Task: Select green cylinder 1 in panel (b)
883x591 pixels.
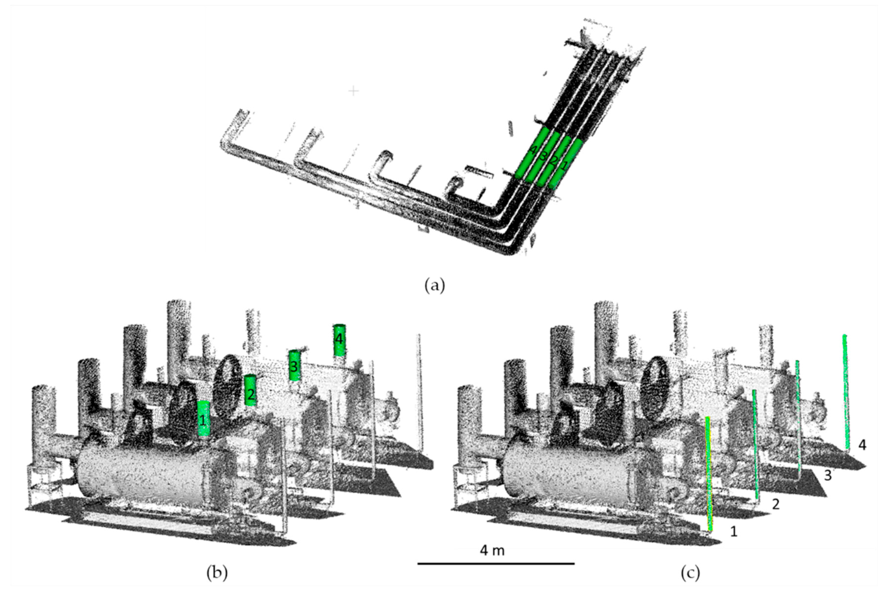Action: click(204, 419)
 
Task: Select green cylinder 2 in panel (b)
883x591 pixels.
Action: click(250, 390)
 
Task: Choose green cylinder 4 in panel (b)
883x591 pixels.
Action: click(339, 340)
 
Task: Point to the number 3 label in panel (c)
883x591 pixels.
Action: click(828, 476)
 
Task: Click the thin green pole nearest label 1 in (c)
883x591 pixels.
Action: click(708, 475)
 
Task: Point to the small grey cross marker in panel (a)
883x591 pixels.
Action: click(353, 91)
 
